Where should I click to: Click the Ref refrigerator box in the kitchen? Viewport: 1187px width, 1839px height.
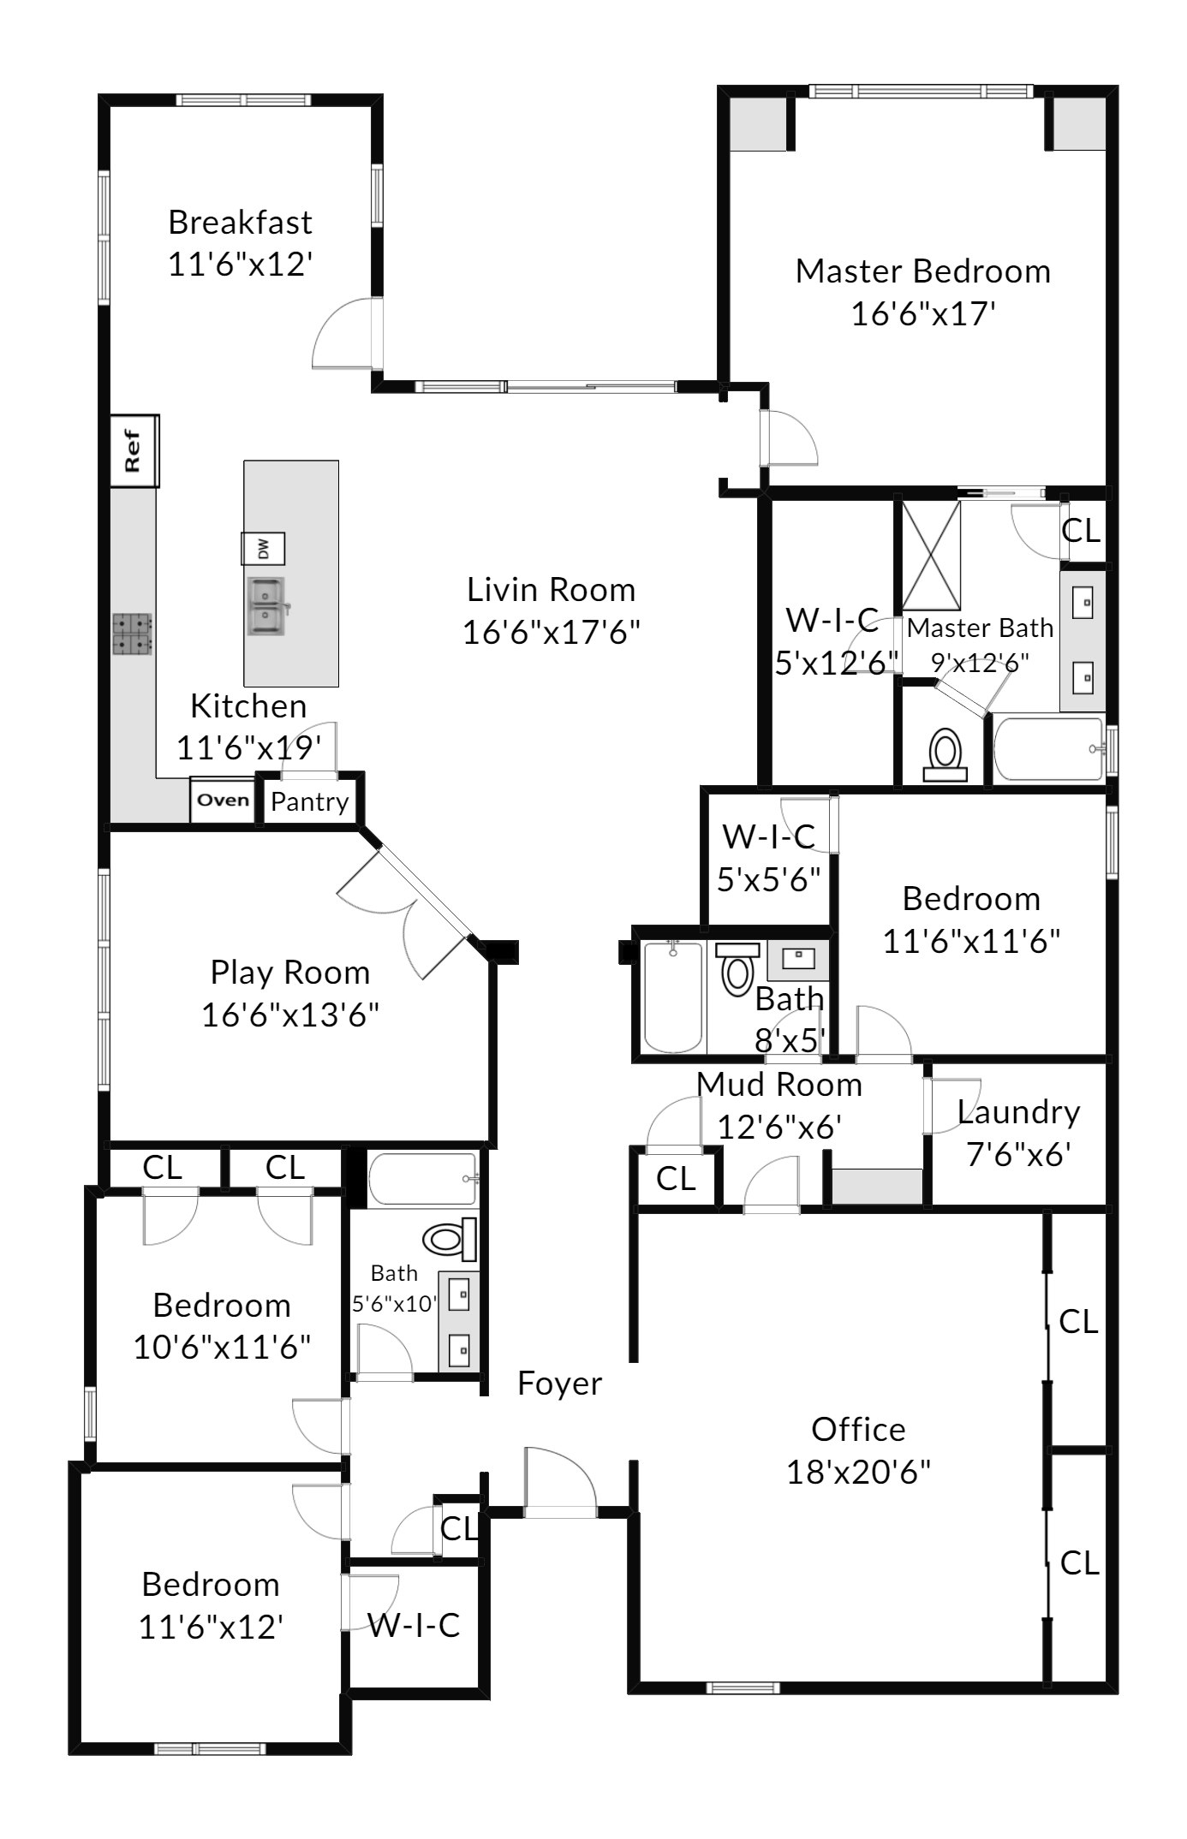point(134,451)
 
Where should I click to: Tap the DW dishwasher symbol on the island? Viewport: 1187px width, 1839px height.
point(263,548)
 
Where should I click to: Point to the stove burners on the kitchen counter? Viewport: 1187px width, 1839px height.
point(133,634)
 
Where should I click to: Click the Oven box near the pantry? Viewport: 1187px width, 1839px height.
point(223,801)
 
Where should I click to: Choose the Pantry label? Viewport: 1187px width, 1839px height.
point(310,802)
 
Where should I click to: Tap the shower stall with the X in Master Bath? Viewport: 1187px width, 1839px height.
point(931,556)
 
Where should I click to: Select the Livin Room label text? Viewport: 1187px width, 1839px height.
point(552,590)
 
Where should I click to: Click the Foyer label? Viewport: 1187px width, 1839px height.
point(560,1384)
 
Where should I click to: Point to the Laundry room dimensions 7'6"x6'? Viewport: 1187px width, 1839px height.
point(1018,1155)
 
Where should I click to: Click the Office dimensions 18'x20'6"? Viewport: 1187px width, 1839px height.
point(859,1473)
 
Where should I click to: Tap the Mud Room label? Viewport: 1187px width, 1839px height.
point(779,1085)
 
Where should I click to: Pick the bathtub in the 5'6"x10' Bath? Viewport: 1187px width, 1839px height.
point(423,1179)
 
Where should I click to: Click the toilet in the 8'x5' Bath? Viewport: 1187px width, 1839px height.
point(737,969)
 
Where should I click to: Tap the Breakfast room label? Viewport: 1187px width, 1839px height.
point(240,223)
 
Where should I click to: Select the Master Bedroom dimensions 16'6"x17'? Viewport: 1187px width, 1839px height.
point(923,314)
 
